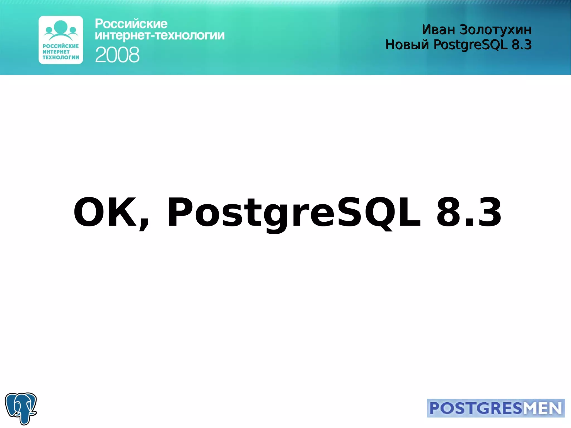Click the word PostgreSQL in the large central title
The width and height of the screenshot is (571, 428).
pos(294,213)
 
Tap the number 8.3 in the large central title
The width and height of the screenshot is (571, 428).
pos(469,212)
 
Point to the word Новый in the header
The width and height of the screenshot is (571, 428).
pos(407,45)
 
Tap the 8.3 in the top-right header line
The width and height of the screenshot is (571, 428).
pos(522,45)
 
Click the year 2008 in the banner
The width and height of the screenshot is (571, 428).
pos(117,55)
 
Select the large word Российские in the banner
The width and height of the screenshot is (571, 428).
pos(131,24)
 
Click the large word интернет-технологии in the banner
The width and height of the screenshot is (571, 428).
pos(159,36)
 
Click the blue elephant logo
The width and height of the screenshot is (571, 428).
pos(21,408)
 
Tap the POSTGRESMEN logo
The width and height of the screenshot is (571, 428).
pos(495,408)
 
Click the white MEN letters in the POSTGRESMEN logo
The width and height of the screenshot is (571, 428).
pos(542,408)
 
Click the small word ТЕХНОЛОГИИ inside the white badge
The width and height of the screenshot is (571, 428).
pos(61,57)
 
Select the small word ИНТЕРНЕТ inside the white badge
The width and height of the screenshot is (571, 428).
pos(56,52)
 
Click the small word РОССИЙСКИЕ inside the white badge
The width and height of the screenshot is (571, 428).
pos(61,46)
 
